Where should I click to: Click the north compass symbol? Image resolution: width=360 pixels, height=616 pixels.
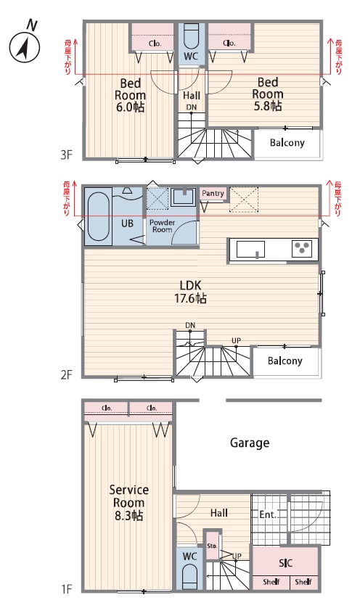tap(25, 48)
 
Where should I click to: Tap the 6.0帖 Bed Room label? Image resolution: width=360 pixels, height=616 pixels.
tap(130, 95)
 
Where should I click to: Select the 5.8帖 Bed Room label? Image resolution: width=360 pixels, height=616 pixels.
tap(268, 94)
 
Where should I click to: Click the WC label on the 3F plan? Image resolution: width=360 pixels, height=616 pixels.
tap(191, 57)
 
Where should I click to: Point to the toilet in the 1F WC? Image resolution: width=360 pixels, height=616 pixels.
tap(189, 577)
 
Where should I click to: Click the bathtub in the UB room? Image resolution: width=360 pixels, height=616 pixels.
tap(98, 215)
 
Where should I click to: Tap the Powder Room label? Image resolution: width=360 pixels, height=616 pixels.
tap(163, 226)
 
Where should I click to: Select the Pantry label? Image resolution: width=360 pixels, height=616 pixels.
tap(213, 193)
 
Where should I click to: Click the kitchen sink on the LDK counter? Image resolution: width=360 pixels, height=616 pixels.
tap(250, 249)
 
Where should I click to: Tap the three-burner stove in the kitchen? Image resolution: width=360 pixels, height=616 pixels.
tap(302, 249)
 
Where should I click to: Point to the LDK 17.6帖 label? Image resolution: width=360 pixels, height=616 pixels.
tap(191, 292)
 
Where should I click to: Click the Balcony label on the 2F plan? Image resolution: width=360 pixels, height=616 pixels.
tap(285, 361)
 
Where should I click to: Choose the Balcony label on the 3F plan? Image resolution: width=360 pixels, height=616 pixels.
tap(287, 143)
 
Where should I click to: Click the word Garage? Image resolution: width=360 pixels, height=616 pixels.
tap(250, 443)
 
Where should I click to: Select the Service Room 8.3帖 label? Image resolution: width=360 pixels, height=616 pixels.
tap(129, 503)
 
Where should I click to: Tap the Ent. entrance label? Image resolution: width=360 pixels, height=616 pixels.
tap(268, 514)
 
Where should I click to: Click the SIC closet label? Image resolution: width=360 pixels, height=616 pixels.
tap(286, 563)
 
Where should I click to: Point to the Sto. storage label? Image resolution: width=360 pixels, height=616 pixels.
tap(212, 546)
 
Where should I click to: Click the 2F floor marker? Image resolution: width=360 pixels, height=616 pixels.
tap(67, 375)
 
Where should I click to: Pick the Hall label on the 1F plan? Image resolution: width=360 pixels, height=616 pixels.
tap(219, 513)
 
